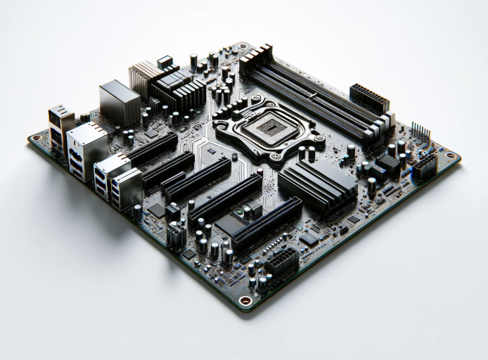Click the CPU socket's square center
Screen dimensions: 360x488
click(268, 127)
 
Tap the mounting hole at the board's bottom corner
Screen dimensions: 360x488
click(244, 300)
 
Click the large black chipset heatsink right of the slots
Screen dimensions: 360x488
click(317, 184)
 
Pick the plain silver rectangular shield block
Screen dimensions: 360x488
click(119, 102)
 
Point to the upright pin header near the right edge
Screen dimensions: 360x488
click(420, 131)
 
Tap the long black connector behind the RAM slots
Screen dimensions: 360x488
click(368, 97)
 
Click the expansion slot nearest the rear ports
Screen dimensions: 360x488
click(151, 149)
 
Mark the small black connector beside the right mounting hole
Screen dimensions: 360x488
click(425, 166)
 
